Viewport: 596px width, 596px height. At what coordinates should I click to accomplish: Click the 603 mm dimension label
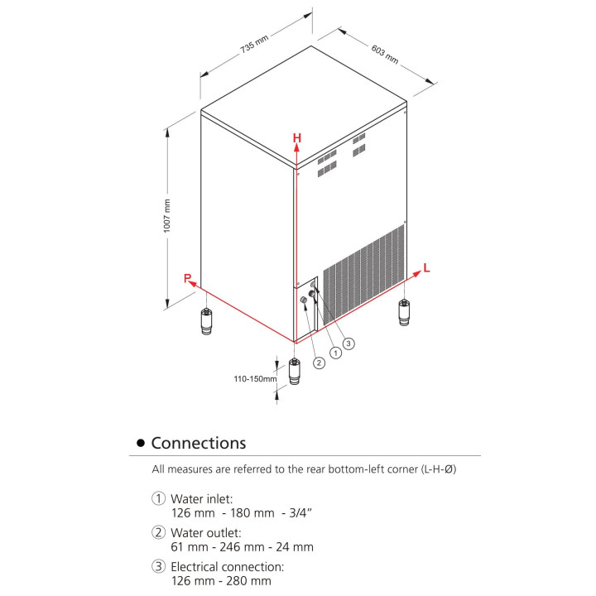(385, 55)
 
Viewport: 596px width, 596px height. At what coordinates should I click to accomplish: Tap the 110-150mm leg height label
(255, 379)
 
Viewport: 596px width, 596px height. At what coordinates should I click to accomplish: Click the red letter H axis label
(296, 137)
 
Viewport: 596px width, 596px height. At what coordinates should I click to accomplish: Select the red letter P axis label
(188, 278)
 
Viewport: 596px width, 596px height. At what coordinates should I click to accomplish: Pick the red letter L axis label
(426, 267)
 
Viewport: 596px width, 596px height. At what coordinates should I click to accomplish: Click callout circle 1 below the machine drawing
(335, 352)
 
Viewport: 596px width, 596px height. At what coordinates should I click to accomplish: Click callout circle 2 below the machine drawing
(318, 362)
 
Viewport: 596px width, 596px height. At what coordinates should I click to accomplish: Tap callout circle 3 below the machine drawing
(348, 342)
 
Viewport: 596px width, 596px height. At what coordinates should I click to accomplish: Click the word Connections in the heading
(199, 443)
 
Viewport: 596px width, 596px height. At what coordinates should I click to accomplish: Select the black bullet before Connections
(141, 444)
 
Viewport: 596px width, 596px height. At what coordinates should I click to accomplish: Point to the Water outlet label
(205, 533)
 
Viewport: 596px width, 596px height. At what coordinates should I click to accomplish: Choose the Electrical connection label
(227, 567)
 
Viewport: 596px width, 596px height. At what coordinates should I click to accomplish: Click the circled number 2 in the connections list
(158, 533)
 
